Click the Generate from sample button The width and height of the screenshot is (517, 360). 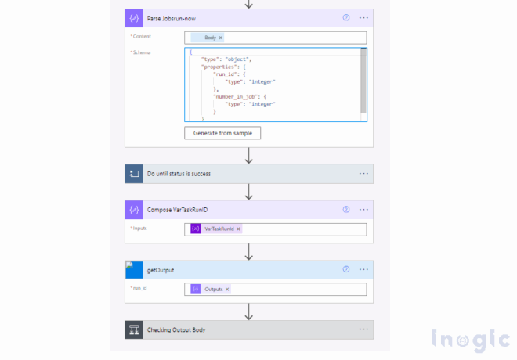click(x=222, y=133)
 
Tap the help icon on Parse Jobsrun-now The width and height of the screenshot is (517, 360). click(x=346, y=17)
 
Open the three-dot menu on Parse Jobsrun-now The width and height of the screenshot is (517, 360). click(x=363, y=17)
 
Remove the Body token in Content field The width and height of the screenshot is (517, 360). click(x=221, y=38)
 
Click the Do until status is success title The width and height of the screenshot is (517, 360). click(x=179, y=174)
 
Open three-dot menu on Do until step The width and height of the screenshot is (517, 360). click(x=363, y=174)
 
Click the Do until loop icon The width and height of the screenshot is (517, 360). click(x=134, y=174)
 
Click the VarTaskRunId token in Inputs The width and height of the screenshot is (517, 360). click(x=219, y=229)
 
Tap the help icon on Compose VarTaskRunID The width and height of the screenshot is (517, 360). click(x=346, y=210)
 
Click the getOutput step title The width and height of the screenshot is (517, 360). click(x=161, y=270)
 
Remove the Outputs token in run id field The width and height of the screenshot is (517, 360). click(x=227, y=290)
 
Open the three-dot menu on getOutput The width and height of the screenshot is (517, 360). click(x=363, y=270)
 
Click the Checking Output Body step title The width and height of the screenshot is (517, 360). click(x=176, y=329)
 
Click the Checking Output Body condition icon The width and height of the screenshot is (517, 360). click(x=134, y=329)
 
